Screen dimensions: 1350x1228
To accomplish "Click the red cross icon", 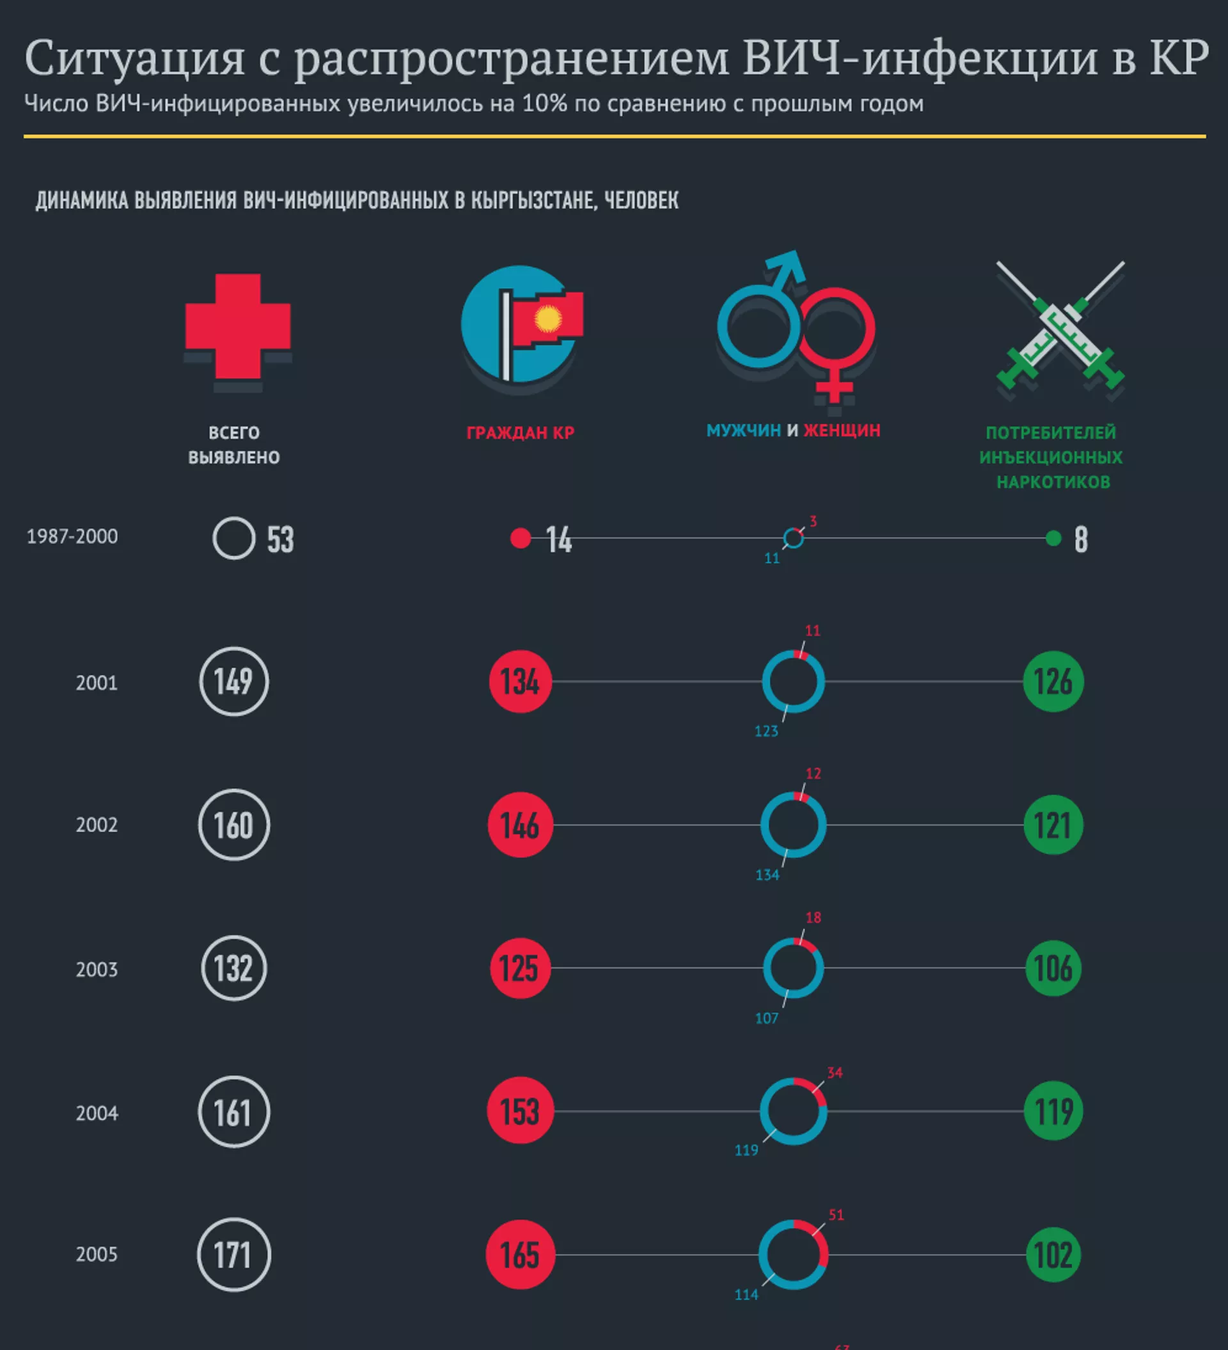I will (x=238, y=326).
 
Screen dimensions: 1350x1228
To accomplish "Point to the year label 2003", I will (x=97, y=969).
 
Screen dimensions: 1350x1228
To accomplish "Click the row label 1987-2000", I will (x=72, y=536).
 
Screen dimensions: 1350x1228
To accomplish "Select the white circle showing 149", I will (x=233, y=681).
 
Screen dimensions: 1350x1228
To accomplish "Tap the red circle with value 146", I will (x=520, y=825).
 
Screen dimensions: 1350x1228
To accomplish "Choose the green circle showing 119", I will (x=1053, y=1111).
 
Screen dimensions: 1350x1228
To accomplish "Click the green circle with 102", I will (x=1053, y=1255).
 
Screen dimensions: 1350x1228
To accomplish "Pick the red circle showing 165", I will (x=520, y=1255).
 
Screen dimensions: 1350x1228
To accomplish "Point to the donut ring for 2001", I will (x=793, y=681).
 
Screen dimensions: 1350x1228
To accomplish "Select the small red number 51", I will (x=837, y=1215).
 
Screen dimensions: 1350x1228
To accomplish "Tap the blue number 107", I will (x=767, y=1019).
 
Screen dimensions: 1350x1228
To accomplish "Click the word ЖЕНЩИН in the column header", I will (x=842, y=430).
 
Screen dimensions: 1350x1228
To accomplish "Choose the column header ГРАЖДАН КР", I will (x=520, y=433).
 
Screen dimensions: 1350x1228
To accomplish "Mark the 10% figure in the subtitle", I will (x=544, y=104).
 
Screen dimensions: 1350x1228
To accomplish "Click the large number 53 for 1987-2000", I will (x=281, y=540).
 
